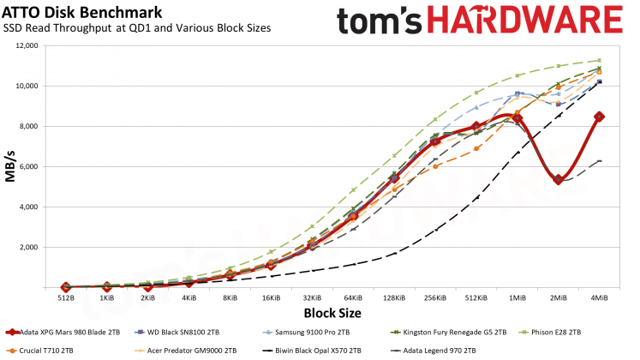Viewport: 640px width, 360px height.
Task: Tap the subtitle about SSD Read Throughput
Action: pos(136,28)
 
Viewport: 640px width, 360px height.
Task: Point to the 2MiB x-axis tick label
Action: pos(557,297)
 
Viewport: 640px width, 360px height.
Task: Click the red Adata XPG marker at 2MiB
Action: pos(558,180)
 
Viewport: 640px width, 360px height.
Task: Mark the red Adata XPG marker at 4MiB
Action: pos(599,117)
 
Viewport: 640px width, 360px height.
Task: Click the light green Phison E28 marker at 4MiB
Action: pos(599,61)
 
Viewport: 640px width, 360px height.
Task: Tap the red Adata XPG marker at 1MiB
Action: pos(517,118)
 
